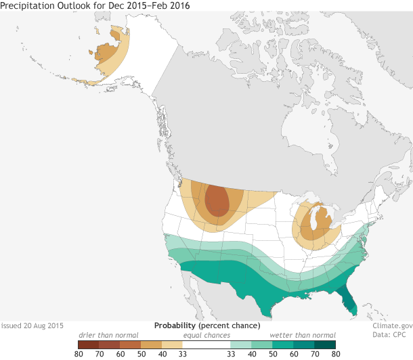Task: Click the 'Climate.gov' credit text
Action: click(x=392, y=325)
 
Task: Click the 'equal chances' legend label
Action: click(x=206, y=335)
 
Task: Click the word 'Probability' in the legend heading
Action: click(x=176, y=325)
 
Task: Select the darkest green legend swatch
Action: click(x=326, y=344)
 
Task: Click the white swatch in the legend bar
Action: click(x=206, y=344)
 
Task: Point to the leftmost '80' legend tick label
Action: click(x=79, y=354)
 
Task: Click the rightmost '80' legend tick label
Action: click(x=334, y=354)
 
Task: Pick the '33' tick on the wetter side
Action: click(x=230, y=354)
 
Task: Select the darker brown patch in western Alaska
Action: click(x=106, y=52)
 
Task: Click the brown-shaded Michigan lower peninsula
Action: click(x=313, y=225)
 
